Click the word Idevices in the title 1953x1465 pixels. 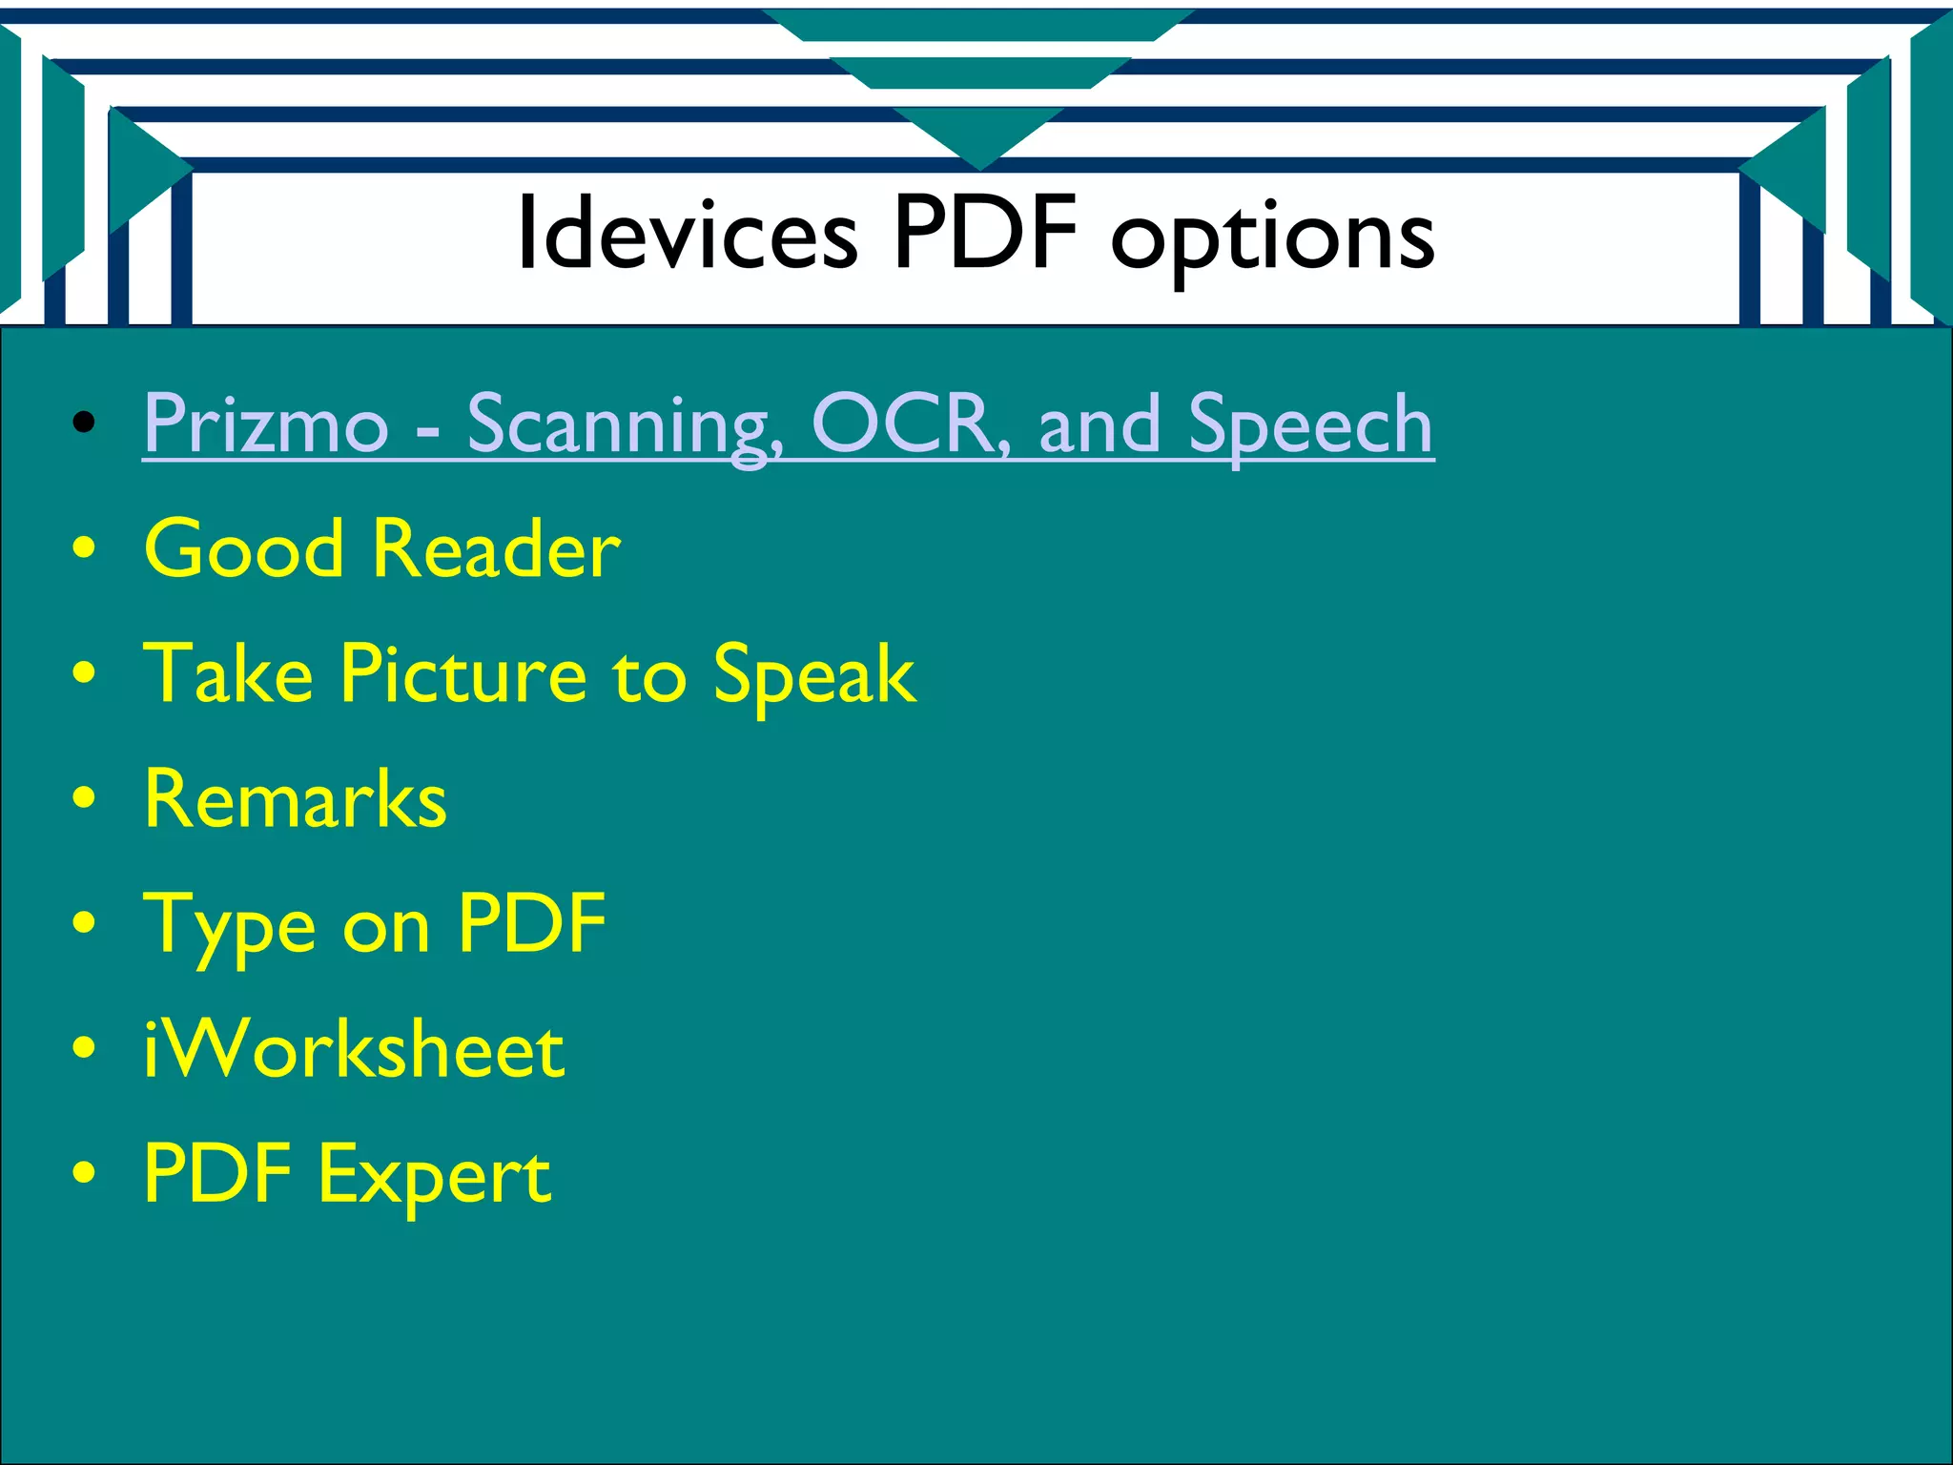pos(687,234)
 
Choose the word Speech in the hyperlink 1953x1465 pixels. pos(1310,426)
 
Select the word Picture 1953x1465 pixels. pos(463,674)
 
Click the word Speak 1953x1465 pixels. pos(814,676)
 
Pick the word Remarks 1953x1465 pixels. pos(296,799)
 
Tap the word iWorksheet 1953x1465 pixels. pos(354,1049)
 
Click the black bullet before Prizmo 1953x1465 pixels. pos(84,423)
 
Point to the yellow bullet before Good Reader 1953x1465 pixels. pos(84,548)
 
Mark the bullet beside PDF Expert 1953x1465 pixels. pos(84,1173)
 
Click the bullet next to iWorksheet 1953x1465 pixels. pos(84,1048)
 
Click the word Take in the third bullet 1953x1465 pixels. pos(229,674)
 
